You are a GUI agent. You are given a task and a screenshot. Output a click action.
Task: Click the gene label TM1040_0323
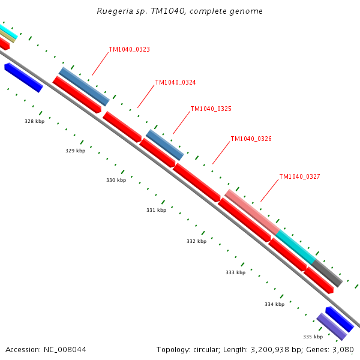(129, 50)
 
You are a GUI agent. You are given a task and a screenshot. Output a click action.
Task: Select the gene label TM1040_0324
(175, 83)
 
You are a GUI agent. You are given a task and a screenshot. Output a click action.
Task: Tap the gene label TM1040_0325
(211, 109)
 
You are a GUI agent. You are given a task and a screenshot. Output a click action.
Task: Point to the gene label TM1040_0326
(251, 139)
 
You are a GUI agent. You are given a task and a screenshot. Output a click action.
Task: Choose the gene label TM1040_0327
(299, 177)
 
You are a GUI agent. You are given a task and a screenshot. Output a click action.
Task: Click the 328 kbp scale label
(34, 122)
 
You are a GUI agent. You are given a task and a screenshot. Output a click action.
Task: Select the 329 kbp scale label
(75, 151)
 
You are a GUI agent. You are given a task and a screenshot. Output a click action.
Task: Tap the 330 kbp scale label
(116, 181)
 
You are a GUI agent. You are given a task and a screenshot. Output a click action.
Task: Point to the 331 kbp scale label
(156, 211)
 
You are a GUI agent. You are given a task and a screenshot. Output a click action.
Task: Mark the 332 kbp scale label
(196, 242)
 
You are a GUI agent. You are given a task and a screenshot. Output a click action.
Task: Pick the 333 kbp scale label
(235, 273)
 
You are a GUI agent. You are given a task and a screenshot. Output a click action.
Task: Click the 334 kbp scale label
(274, 305)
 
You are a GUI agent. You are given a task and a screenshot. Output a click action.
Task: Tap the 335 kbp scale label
(313, 337)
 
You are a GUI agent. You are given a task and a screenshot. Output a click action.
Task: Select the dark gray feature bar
(328, 273)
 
